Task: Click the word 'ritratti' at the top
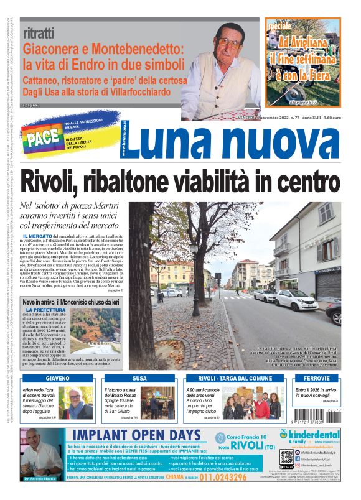click(38, 33)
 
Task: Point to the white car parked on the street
click(295, 300)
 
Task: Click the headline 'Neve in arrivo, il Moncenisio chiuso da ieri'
click(75, 302)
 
